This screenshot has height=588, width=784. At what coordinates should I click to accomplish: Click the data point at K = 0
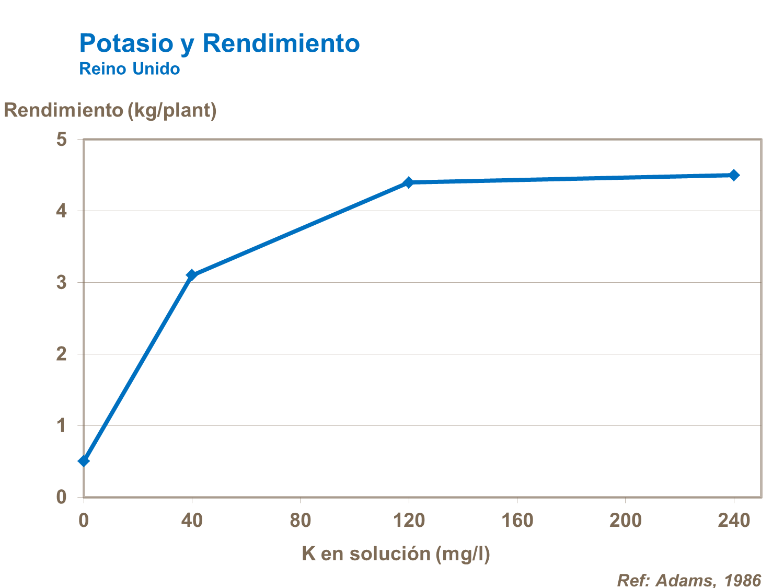(84, 461)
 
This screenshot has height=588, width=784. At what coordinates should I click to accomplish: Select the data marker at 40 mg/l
(192, 275)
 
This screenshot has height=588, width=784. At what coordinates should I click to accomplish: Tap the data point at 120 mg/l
(409, 182)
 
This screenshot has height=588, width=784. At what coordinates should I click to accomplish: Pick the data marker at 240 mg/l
(734, 175)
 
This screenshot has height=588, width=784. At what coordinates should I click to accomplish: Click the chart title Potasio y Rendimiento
(220, 43)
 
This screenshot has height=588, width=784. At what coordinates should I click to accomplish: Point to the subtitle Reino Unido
(130, 68)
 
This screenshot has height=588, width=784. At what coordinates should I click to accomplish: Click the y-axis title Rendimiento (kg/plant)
(110, 110)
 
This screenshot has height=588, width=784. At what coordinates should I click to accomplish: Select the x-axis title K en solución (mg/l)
(396, 554)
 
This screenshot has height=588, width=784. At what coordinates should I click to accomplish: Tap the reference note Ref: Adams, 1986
(689, 580)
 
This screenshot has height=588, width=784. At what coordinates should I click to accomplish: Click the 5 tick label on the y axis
(62, 140)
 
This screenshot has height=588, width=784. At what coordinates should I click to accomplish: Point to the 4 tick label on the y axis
(62, 211)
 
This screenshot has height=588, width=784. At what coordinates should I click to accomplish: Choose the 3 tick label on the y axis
(62, 283)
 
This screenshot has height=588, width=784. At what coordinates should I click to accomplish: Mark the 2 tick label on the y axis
(62, 354)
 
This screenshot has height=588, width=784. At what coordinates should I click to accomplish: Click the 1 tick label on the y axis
(62, 426)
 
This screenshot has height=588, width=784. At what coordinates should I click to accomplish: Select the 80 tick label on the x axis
(301, 521)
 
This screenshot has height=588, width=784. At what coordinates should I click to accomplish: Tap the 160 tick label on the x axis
(517, 521)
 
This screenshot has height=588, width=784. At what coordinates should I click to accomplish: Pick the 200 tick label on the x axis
(626, 521)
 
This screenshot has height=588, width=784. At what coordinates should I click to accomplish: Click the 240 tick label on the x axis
(734, 521)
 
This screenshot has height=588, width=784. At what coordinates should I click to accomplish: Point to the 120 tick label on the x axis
(409, 521)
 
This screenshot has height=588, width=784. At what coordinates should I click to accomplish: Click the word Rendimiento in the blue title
(281, 43)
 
